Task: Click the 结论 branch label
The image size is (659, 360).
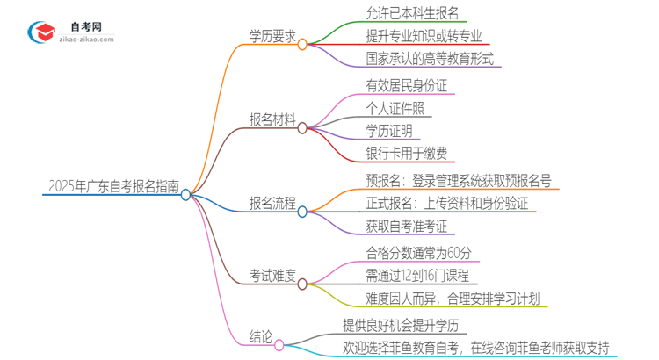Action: point(260,335)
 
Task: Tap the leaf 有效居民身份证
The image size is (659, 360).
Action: point(405,86)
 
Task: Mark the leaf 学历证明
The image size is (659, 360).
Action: point(390,131)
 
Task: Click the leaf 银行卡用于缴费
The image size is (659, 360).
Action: point(405,153)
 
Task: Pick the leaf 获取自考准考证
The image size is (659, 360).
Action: point(406,226)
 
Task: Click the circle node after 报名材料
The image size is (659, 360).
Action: point(302,128)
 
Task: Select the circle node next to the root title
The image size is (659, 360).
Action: point(186,195)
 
